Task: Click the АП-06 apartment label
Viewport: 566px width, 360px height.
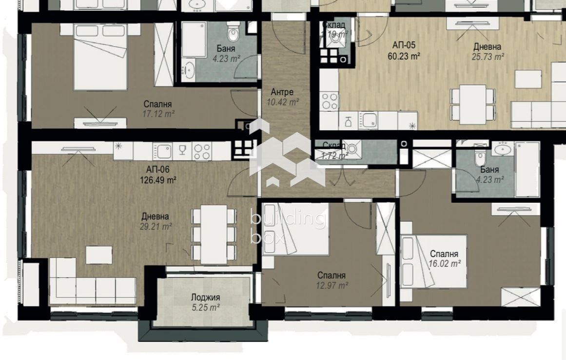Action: pos(157,170)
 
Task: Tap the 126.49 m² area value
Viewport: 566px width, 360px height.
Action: pos(157,180)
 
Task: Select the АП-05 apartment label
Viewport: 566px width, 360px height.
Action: pos(404,45)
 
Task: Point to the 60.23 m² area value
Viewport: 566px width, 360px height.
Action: pos(404,56)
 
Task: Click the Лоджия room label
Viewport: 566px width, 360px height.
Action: pos(205,298)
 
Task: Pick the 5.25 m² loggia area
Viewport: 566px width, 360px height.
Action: pos(205,307)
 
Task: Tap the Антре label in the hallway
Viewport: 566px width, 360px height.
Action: pos(282,92)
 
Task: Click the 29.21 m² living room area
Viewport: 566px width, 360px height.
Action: pos(156,226)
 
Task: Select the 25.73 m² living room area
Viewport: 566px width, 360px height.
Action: pos(488,57)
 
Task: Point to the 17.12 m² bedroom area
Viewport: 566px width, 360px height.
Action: pos(158,113)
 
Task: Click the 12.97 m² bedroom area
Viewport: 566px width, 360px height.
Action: pos(332,285)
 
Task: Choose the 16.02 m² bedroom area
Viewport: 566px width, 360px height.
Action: pos(444,263)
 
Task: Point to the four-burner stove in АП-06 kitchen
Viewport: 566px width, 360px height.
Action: pos(202,150)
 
